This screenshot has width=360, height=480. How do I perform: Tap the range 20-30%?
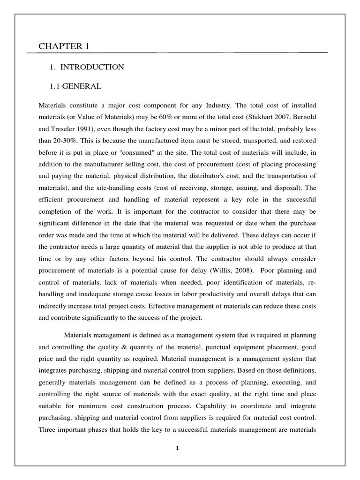click(65, 140)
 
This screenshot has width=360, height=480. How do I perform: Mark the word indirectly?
click(54, 306)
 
